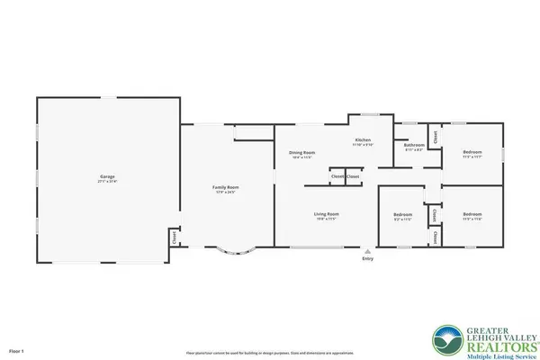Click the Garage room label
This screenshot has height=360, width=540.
[x=106, y=176]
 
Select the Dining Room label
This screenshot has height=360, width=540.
[x=301, y=153]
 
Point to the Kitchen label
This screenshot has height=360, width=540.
[x=363, y=140]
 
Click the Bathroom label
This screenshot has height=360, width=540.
[x=414, y=145]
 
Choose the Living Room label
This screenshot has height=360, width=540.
[x=326, y=213]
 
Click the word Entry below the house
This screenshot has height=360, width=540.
[x=367, y=258]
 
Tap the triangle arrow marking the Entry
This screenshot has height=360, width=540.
[x=367, y=249]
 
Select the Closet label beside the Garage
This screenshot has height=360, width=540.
[x=173, y=238]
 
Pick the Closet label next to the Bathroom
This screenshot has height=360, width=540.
[x=436, y=138]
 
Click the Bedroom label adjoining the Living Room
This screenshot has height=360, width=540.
[x=402, y=214]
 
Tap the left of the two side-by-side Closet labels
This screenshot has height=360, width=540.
[x=336, y=176]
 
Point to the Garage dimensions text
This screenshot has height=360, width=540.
[x=106, y=181]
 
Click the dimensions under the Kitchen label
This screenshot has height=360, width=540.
[x=363, y=145]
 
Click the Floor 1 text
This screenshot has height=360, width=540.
[x=17, y=350]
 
